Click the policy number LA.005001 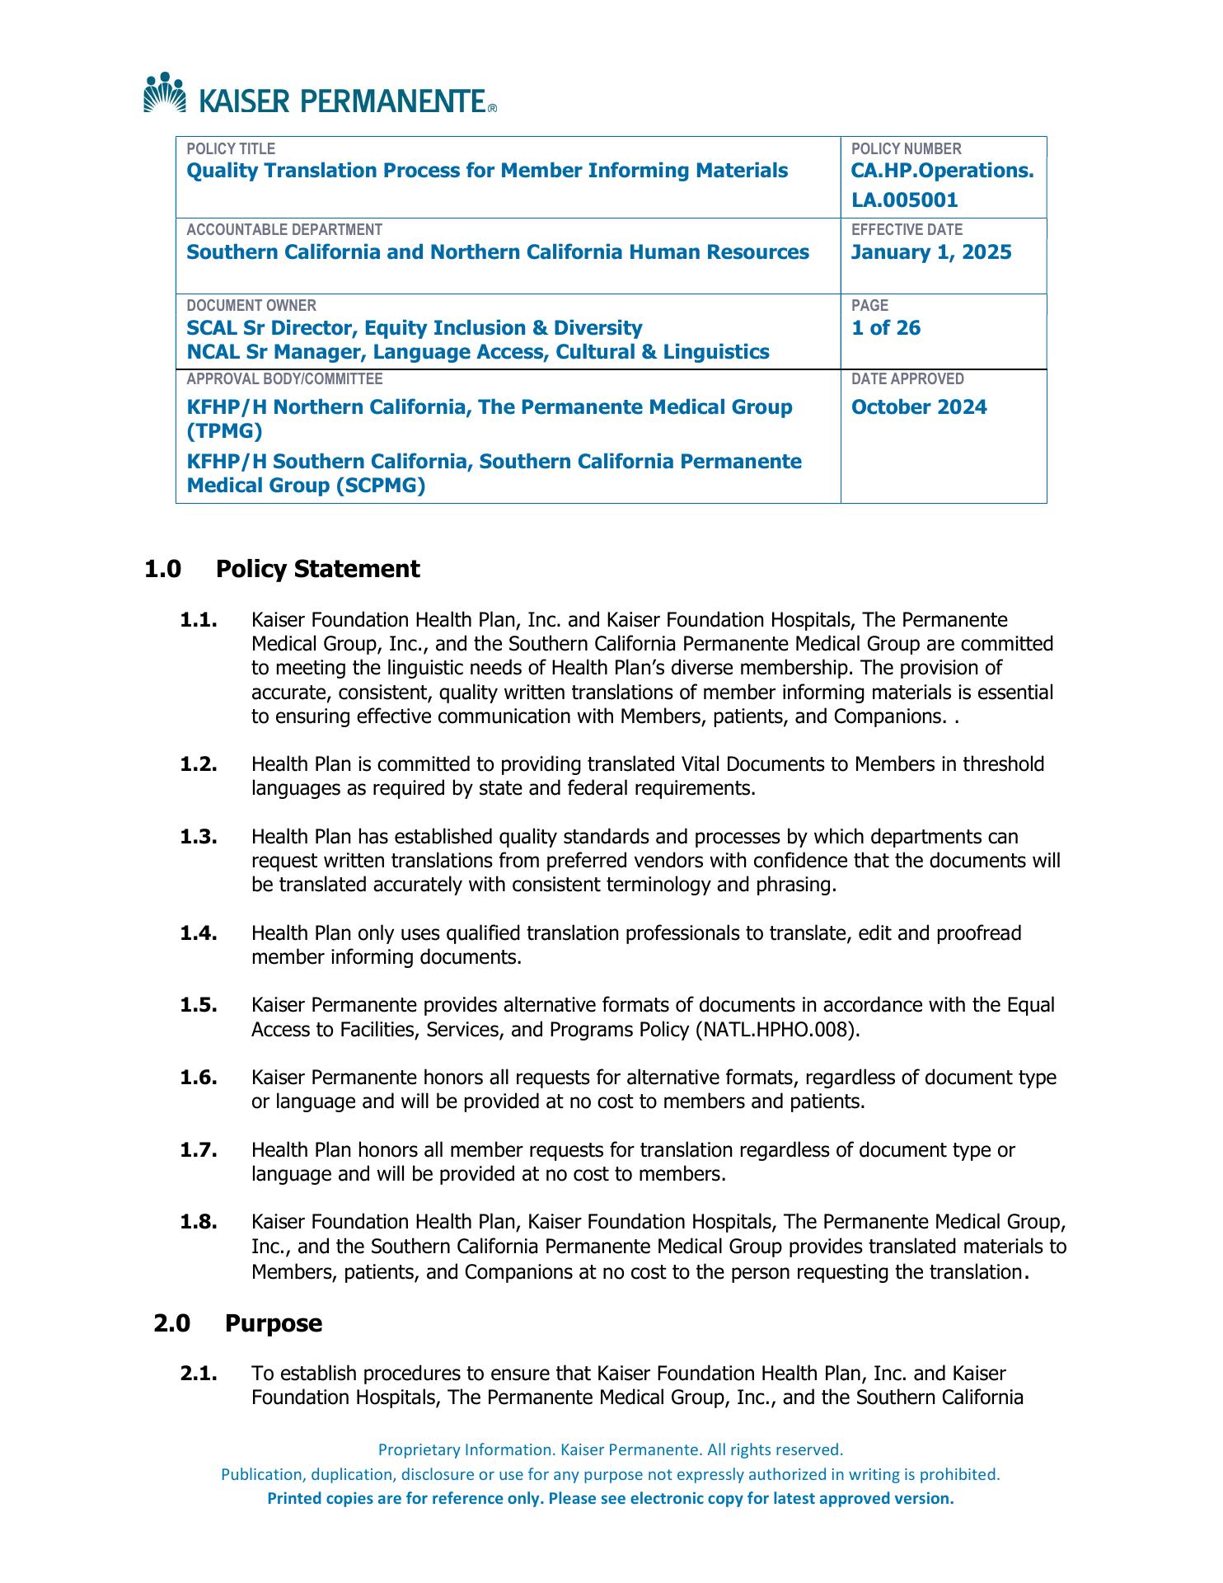[x=904, y=200]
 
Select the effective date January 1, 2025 [x=930, y=252]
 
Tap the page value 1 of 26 [x=885, y=328]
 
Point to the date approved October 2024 [x=918, y=407]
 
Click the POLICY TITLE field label [x=231, y=149]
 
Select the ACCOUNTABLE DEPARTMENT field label [x=283, y=230]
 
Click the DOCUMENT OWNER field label [x=251, y=305]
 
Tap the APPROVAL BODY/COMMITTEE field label [x=284, y=379]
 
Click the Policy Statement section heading [x=317, y=569]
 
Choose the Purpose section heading [x=273, y=1323]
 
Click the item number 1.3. [x=199, y=837]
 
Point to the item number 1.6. [x=199, y=1078]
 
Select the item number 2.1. [x=199, y=1374]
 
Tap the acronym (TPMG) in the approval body [x=224, y=431]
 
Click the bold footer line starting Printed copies [x=611, y=1498]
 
